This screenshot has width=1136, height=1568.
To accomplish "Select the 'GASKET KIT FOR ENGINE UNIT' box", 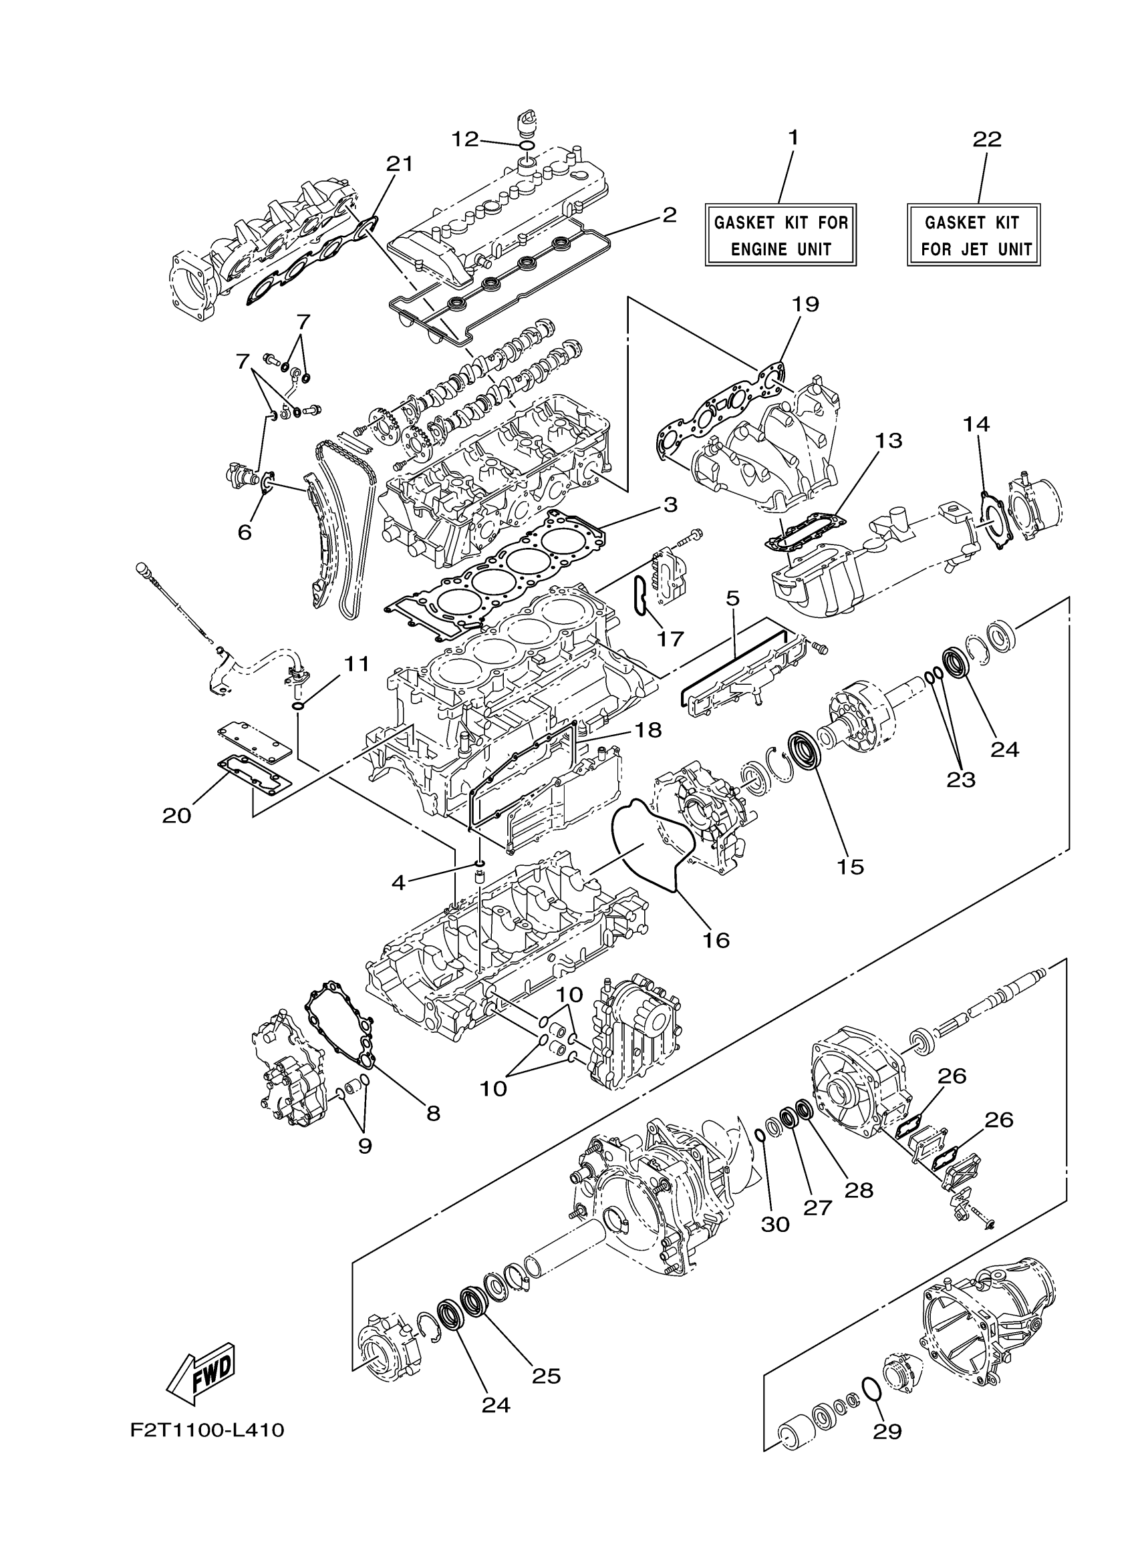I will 780,235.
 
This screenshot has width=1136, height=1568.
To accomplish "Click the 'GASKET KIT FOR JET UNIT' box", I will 974,235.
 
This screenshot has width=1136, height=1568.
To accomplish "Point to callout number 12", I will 465,139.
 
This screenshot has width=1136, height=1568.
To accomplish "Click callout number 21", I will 399,164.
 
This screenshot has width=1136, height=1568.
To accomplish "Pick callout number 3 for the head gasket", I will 670,504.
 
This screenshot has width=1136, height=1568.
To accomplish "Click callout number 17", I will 670,638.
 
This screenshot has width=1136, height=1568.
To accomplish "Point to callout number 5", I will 733,597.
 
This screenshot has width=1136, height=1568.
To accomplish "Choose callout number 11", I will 357,663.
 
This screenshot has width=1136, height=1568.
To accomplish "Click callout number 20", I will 176,816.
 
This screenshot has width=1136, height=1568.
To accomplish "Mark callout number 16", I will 716,939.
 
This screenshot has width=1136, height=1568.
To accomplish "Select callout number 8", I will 433,1112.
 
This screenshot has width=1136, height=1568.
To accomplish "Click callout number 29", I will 887,1430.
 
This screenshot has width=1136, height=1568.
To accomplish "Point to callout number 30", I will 775,1224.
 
